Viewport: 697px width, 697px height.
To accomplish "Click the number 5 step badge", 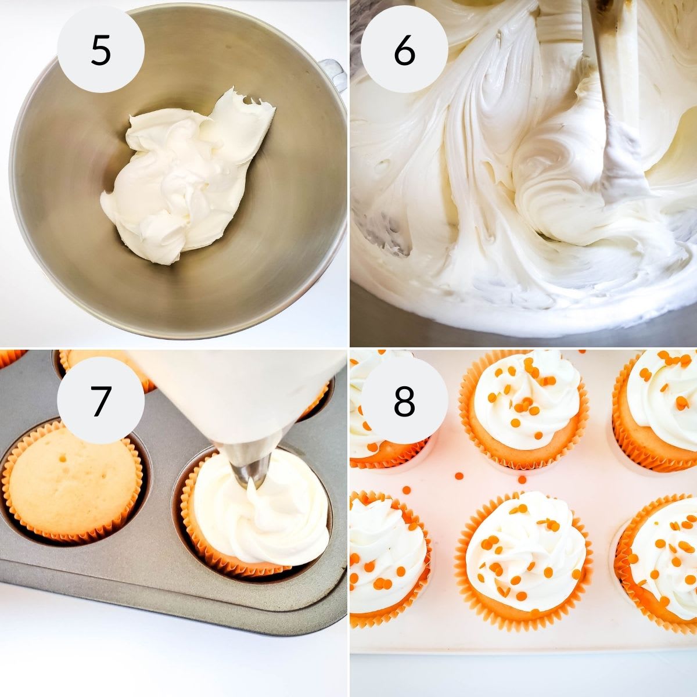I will [x=100, y=50].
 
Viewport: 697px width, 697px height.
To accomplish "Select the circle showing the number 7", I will [x=100, y=400].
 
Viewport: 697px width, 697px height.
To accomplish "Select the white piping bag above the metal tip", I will [x=244, y=395].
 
